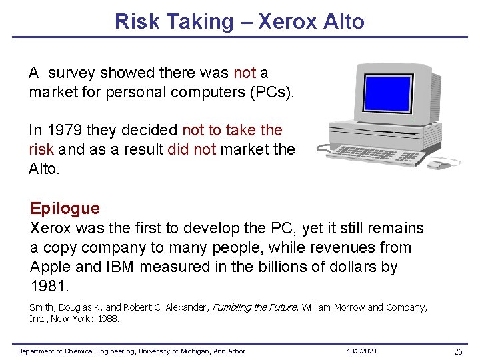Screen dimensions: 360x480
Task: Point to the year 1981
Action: (49, 287)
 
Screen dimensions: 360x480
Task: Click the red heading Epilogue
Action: (65, 209)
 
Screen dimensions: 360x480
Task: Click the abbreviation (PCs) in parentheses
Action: (271, 92)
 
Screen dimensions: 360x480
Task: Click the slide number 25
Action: (458, 351)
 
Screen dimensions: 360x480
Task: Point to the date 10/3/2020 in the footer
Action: (361, 351)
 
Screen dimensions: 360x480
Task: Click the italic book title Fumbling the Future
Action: (254, 307)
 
